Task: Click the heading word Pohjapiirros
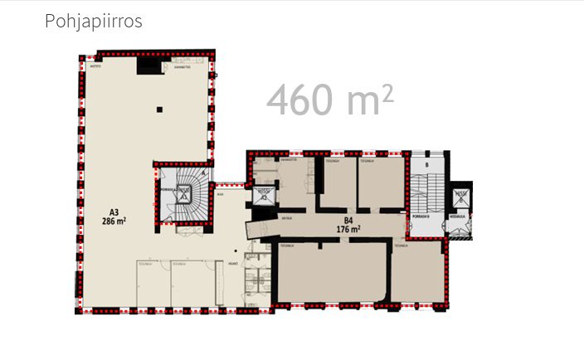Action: tap(93, 22)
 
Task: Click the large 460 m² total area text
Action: tap(329, 100)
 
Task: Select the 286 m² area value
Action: tap(114, 221)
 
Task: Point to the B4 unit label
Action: tap(348, 219)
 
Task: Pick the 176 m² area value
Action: tap(348, 229)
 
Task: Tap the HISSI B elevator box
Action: tap(461, 197)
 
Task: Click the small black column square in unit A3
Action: tap(162, 109)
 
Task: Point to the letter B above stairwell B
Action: tap(426, 164)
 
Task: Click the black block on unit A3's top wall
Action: tap(149, 66)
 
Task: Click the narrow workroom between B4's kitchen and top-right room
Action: tap(338, 182)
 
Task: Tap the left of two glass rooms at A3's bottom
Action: tap(153, 284)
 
